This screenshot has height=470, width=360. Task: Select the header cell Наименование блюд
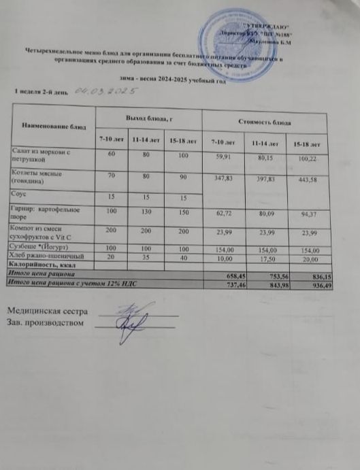pyautogui.click(x=53, y=127)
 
